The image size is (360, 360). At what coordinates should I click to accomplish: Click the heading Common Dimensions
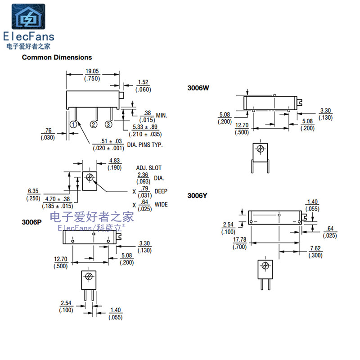(x=57, y=57)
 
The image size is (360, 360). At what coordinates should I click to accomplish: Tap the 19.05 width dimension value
(x=92, y=71)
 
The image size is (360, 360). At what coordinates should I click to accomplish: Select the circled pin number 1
(x=72, y=124)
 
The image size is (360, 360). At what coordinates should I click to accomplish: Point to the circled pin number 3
(x=108, y=124)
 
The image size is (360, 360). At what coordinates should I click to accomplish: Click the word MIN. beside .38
(x=162, y=116)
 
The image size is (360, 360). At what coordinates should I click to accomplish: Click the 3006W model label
(x=198, y=88)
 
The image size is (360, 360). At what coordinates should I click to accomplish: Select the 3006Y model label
(x=198, y=196)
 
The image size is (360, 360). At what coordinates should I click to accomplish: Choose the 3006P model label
(x=33, y=222)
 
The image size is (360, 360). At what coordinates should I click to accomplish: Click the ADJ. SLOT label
(x=148, y=168)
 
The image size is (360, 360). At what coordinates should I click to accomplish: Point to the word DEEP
(x=161, y=191)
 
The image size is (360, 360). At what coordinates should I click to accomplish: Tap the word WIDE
(x=161, y=205)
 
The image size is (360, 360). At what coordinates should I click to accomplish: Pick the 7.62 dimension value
(x=315, y=248)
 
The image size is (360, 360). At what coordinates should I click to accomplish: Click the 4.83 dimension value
(x=115, y=161)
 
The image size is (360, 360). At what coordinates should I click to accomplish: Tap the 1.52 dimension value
(x=143, y=82)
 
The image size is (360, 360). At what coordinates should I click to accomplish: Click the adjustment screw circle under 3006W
(x=260, y=149)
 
